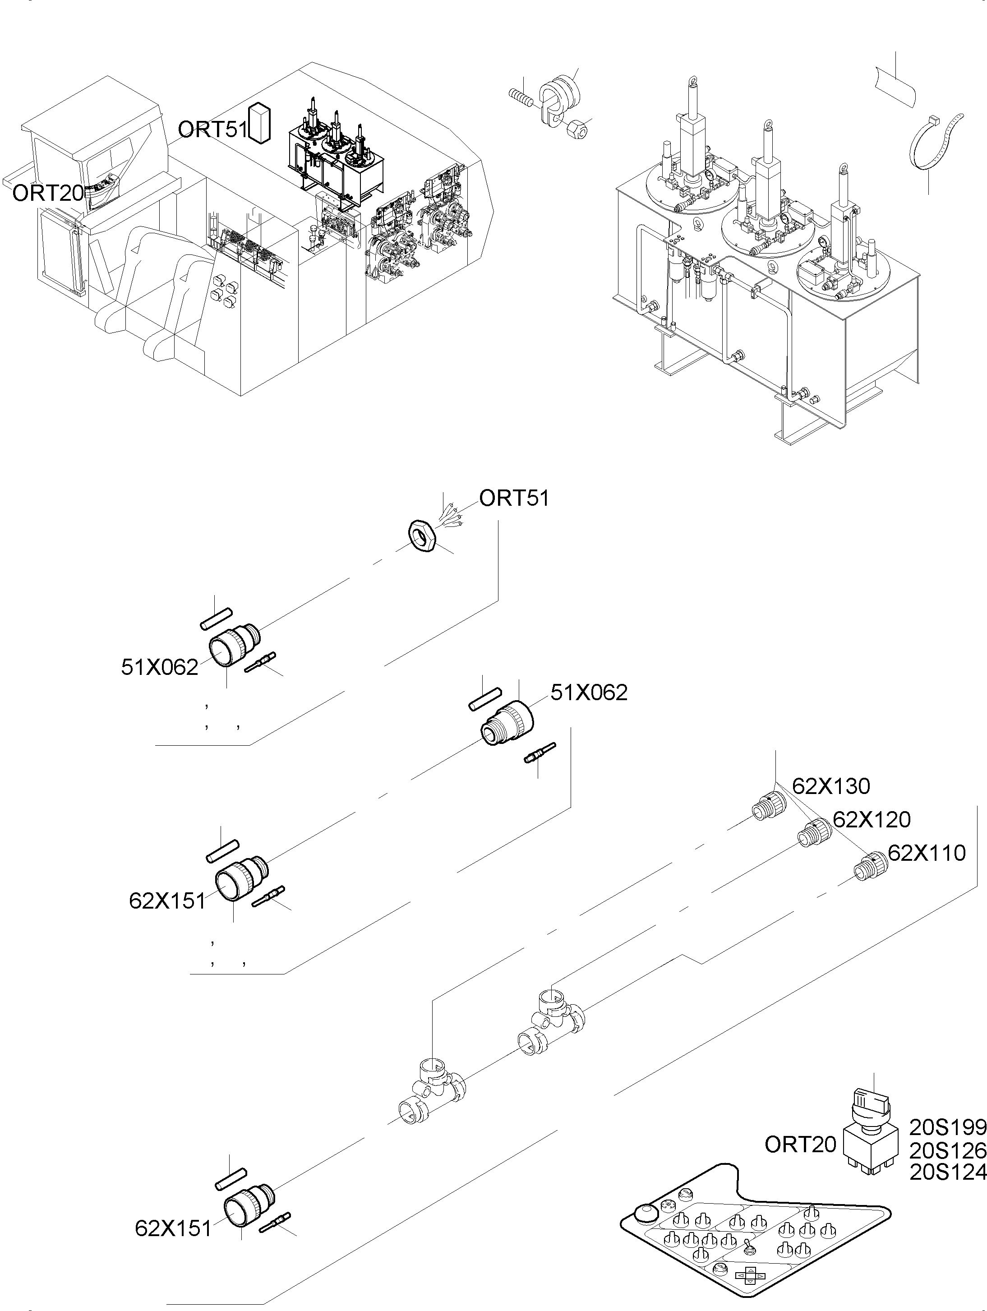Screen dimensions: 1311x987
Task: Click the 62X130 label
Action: point(830,786)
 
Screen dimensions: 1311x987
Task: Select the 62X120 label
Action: point(872,820)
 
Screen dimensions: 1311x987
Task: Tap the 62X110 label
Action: point(927,853)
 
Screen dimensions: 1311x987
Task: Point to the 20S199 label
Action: point(947,1126)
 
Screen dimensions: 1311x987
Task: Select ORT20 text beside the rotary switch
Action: point(800,1145)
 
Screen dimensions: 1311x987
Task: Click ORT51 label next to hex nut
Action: point(514,499)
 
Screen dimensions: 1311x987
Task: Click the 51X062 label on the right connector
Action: point(589,692)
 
